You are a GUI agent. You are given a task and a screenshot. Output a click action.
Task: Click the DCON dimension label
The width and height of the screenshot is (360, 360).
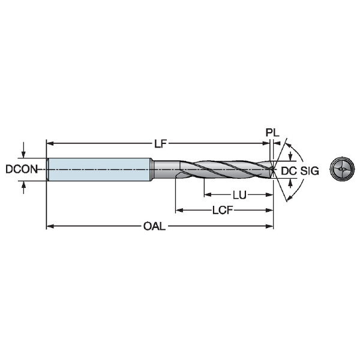click(x=22, y=169)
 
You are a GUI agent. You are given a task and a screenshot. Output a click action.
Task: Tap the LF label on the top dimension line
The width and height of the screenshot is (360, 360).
click(x=160, y=144)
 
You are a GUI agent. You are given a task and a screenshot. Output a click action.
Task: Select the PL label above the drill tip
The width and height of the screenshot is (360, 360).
click(x=272, y=133)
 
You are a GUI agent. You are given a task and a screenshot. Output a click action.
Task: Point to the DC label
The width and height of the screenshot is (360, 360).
click(x=289, y=171)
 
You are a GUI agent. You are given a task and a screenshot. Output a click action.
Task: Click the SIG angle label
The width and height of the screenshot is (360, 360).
click(x=310, y=171)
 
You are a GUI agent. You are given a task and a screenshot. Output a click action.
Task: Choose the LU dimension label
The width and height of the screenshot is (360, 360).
click(x=239, y=195)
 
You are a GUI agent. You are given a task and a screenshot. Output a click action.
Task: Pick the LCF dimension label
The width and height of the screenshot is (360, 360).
click(x=223, y=210)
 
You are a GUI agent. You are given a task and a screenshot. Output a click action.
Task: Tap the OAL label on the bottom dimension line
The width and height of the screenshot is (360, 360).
click(x=154, y=226)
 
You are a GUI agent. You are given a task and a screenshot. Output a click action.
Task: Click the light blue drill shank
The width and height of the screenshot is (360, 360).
click(x=100, y=169)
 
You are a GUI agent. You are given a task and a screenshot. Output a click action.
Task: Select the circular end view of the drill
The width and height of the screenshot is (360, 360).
click(x=343, y=169)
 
